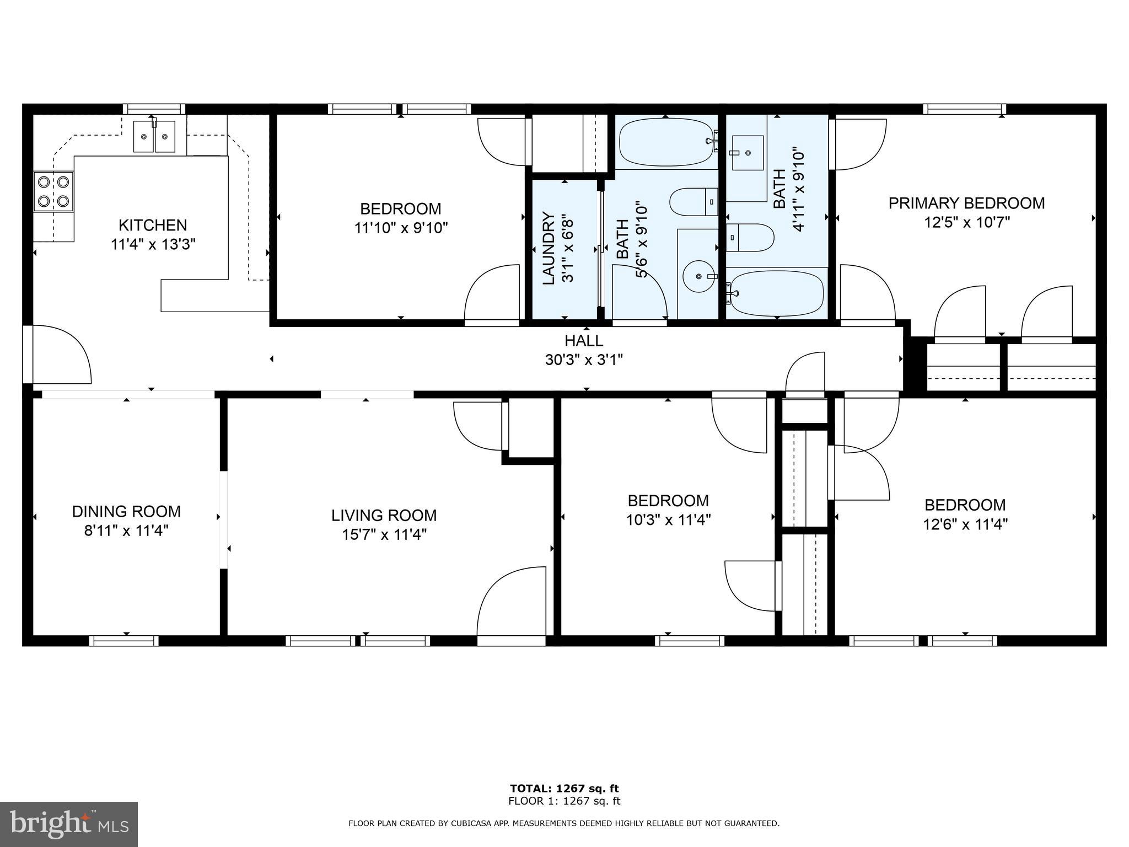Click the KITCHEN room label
coord(153,225)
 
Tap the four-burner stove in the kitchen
coord(53,191)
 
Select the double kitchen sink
coord(154,136)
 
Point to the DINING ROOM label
coord(126,511)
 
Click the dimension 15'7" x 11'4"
coord(384,534)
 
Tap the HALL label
coord(584,340)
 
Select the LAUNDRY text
coord(549,248)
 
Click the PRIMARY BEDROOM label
coord(966,203)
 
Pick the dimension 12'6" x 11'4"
coord(965,524)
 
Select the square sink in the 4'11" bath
coord(748,153)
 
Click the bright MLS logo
coord(68,824)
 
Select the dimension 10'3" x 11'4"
coord(668,519)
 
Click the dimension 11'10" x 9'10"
coord(401,228)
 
